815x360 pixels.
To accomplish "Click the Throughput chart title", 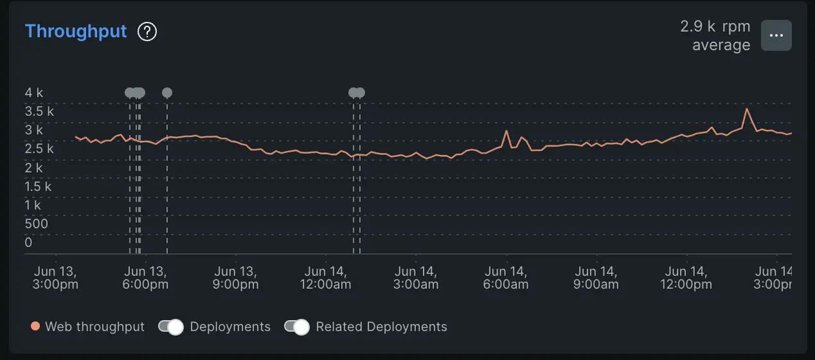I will click(76, 32).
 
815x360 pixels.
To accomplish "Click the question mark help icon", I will click(148, 32).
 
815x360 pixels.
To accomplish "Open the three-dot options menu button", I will click(776, 35).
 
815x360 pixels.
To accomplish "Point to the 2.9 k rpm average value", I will click(715, 36).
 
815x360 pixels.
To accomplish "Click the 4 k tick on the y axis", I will click(34, 93).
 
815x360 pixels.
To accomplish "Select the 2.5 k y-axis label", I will click(39, 148).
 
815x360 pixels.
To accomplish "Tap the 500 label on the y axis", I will click(37, 224).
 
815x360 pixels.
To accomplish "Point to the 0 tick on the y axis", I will click(28, 242).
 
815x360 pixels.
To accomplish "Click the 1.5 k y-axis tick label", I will click(39, 186).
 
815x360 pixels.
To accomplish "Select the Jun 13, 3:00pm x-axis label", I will click(55, 278).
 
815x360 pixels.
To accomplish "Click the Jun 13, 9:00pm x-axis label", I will click(235, 278).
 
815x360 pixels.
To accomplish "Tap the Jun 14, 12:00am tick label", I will click(325, 278).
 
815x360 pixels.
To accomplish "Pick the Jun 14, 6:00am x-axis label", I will click(506, 278).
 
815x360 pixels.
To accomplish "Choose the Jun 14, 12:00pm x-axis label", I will click(686, 278).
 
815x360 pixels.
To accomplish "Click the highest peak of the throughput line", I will click(746, 109).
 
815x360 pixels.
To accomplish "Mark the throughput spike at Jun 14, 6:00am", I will click(506, 131).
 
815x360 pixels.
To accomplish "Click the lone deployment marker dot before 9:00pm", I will click(167, 93).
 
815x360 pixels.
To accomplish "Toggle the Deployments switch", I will click(171, 327).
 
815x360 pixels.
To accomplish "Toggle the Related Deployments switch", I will click(297, 327).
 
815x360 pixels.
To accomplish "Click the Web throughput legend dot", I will click(35, 327).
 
